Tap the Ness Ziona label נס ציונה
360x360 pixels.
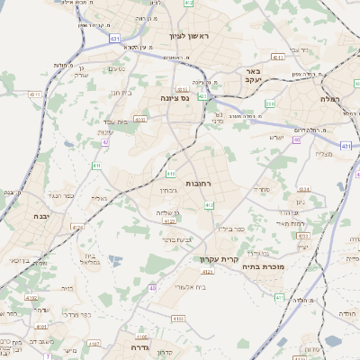[x=172, y=97]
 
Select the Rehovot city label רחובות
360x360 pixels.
[x=198, y=183]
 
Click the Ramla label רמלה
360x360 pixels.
[x=334, y=99]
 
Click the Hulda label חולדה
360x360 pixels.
[x=346, y=314]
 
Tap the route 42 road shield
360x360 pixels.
[x=105, y=141]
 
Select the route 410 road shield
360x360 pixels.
[x=171, y=172]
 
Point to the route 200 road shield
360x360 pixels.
[x=270, y=104]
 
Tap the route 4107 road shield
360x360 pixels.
[x=94, y=343]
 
